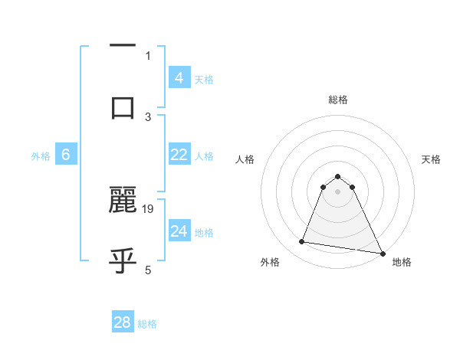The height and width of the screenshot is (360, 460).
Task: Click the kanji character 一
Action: [123, 46]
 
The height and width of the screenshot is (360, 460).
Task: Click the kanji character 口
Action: [123, 107]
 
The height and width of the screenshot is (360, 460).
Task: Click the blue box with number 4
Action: [179, 77]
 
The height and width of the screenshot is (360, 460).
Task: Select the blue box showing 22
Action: [179, 155]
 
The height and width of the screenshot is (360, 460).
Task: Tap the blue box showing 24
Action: [179, 231]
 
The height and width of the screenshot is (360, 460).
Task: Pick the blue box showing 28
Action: [123, 322]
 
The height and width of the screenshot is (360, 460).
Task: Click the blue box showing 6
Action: [66, 155]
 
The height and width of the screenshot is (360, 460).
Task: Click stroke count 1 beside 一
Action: [148, 55]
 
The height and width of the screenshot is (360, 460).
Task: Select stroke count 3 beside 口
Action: [148, 116]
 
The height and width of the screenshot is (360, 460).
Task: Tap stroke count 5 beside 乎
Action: [148, 270]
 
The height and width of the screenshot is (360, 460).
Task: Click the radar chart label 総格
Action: [338, 100]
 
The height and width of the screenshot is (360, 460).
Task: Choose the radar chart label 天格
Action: [431, 159]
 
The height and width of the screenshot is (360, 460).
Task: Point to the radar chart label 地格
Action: [402, 262]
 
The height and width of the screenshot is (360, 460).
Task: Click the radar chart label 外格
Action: [270, 262]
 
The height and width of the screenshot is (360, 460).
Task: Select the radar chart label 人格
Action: [245, 159]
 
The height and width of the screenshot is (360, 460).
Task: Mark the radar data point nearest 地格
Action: [382, 254]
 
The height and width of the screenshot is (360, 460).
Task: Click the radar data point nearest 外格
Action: [302, 242]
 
